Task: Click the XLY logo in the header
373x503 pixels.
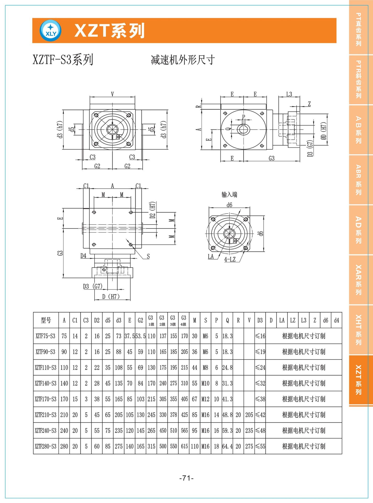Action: click(51, 31)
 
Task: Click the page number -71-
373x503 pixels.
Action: click(186, 478)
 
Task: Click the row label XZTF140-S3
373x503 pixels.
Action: click(46, 383)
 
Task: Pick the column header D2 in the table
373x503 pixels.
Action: click(97, 320)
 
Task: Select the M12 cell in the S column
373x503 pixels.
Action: click(205, 399)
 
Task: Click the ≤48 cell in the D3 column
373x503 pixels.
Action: click(260, 430)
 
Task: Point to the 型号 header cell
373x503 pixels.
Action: click(46, 320)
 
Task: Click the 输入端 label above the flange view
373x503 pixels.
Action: click(229, 194)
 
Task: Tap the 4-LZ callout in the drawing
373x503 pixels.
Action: click(230, 259)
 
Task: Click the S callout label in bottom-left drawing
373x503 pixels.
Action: click(148, 256)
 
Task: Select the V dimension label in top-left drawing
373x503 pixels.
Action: click(112, 94)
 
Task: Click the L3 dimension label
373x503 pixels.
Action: click(289, 94)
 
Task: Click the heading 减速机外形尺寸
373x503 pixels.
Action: click(183, 60)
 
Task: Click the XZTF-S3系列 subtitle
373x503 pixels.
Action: click(63, 59)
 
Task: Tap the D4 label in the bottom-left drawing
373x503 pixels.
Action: click(83, 255)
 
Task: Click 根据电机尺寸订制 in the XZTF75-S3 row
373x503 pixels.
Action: click(304, 336)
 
